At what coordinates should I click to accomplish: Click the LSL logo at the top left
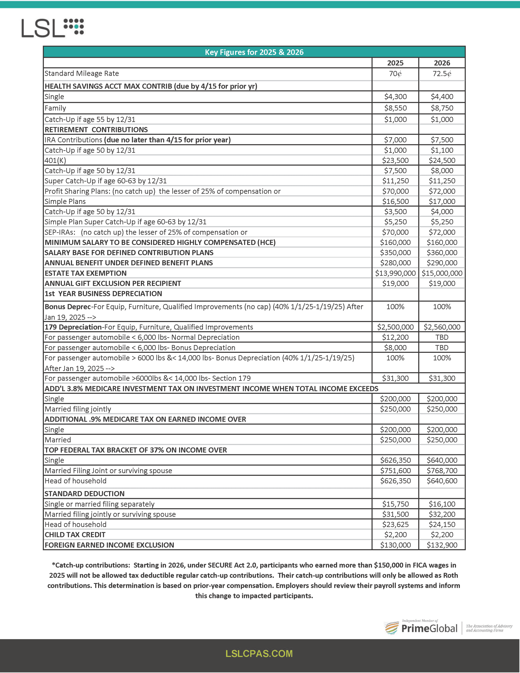[x=52, y=28]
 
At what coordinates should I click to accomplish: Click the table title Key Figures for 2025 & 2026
[x=254, y=52]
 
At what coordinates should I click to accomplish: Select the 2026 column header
[x=442, y=63]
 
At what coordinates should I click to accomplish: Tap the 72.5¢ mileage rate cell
[x=442, y=74]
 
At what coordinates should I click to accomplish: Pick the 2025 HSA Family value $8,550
[x=395, y=108]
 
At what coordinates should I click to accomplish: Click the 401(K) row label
[x=55, y=160]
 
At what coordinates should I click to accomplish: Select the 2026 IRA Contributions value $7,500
[x=442, y=140]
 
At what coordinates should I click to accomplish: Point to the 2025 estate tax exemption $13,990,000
[x=395, y=273]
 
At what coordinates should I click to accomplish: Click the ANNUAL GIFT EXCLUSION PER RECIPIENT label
[x=113, y=283]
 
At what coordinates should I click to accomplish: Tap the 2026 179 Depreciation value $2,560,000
[x=442, y=327]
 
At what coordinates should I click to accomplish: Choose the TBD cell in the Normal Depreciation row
[x=442, y=337]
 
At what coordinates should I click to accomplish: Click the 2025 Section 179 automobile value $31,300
[x=395, y=378]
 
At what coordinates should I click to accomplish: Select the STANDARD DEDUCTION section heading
[x=84, y=494]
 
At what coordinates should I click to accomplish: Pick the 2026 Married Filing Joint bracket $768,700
[x=442, y=471]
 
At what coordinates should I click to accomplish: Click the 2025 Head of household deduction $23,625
[x=395, y=524]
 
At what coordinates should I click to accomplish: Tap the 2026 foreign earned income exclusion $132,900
[x=442, y=545]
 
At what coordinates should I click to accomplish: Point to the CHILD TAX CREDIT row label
[x=75, y=535]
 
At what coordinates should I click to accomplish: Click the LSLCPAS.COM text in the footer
[x=259, y=654]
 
